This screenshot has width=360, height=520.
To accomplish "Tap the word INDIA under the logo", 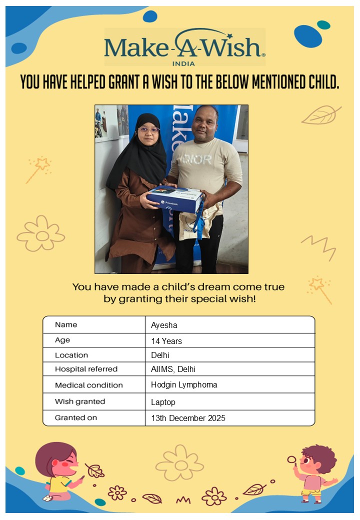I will pos(183,64).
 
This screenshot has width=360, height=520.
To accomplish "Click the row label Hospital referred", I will pos(86,369).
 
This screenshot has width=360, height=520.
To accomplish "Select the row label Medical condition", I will pos(88,385).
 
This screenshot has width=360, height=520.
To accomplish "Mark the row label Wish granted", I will pos(80,401).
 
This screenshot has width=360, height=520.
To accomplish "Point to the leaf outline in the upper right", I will pos(320,115).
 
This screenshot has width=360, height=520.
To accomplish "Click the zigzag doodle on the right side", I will pos(318,246).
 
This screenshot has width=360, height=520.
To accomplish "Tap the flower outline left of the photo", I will pos(41,233).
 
